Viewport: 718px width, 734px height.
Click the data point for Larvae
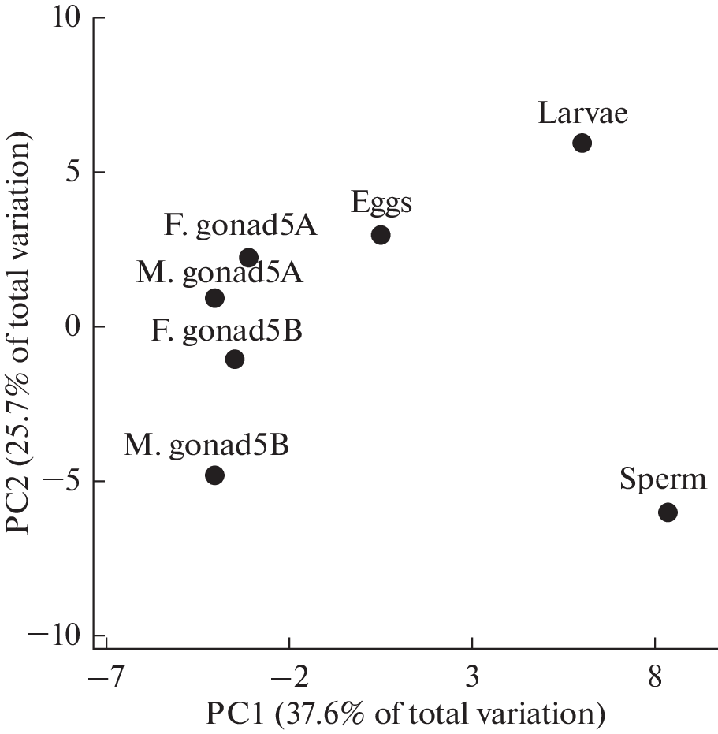click(582, 143)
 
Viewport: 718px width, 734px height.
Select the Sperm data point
click(668, 512)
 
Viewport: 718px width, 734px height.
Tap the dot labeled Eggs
click(381, 235)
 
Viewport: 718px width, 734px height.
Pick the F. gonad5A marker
click(249, 258)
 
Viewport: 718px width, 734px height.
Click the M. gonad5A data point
click(214, 298)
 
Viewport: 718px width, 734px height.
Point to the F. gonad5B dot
click(234, 360)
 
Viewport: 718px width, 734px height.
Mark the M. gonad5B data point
click(214, 475)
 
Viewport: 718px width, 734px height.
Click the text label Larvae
click(582, 114)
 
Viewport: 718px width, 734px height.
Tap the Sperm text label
click(663, 480)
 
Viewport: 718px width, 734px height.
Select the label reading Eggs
click(381, 204)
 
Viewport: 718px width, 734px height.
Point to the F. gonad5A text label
click(240, 228)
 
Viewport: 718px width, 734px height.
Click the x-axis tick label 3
click(472, 677)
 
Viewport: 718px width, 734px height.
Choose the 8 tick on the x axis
click(655, 677)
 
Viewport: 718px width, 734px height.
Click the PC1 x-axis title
click(405, 714)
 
